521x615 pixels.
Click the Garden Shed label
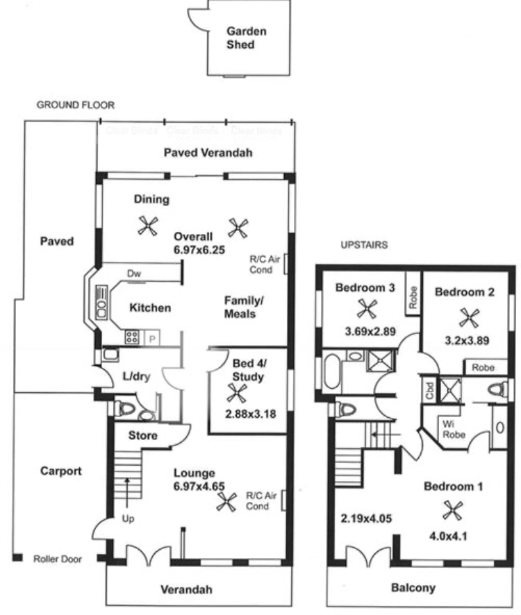point(246,38)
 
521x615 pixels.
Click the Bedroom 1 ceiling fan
point(456,513)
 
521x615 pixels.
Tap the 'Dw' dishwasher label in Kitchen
point(135,274)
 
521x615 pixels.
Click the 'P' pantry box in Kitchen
point(151,338)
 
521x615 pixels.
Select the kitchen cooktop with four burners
point(131,337)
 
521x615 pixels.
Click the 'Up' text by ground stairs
point(127,519)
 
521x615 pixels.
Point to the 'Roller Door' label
point(57,558)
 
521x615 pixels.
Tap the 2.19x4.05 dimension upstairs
point(362,518)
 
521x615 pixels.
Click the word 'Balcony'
point(413,588)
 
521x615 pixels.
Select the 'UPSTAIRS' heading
point(363,245)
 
